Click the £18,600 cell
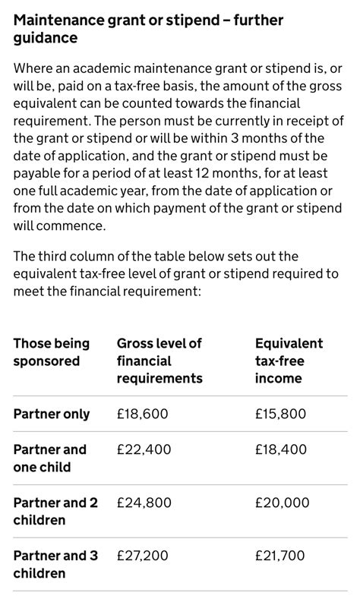pos(142,414)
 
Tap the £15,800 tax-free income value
pos(281,414)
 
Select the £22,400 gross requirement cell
pos(144,449)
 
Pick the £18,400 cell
pos(281,449)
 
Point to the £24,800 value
pos(144,503)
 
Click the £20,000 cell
pos(282,503)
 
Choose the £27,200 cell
pos(143,556)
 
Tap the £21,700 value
pos(280,556)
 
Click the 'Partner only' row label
pos(52,414)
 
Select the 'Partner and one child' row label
pos(50,458)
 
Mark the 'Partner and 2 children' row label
pos(55,511)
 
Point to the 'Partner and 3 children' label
pos(55,564)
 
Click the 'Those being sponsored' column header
pos(51,352)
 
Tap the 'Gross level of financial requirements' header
pos(159,361)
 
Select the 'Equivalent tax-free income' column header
pos(289,361)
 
